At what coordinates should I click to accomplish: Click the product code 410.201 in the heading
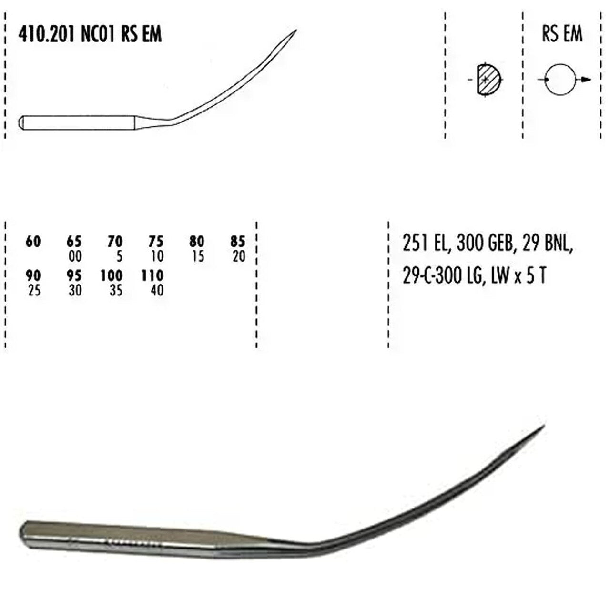[x=47, y=34]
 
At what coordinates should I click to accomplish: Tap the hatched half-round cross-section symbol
[x=486, y=80]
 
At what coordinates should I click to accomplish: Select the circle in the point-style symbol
[x=560, y=80]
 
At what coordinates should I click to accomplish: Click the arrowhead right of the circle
[x=587, y=80]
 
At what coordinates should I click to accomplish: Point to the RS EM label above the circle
[x=562, y=34]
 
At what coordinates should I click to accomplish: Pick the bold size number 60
[x=33, y=242]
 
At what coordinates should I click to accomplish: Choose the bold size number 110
[x=152, y=276]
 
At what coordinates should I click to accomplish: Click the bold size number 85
[x=238, y=242]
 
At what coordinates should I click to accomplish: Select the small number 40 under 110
[x=157, y=290]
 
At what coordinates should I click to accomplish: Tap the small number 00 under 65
[x=75, y=256]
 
